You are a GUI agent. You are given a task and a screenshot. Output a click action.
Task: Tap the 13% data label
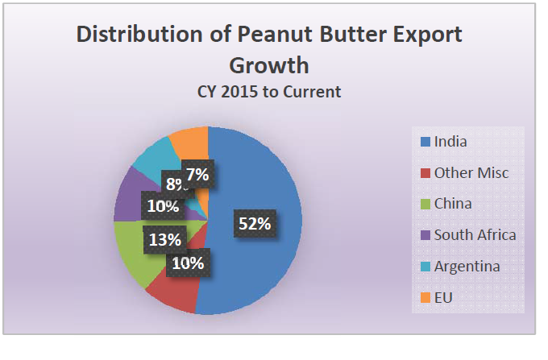(164, 239)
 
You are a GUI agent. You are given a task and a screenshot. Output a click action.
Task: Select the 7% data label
(197, 173)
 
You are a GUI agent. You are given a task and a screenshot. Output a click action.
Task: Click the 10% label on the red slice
(186, 263)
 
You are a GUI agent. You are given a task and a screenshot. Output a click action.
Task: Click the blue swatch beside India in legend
(424, 143)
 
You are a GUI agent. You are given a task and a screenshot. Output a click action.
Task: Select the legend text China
(453, 204)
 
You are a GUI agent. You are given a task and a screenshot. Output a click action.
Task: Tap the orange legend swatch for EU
(424, 298)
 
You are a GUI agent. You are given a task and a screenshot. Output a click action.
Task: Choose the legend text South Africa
(475, 235)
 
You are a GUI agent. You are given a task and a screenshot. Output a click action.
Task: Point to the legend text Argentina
(467, 267)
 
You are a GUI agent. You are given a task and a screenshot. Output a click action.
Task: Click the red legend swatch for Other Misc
(424, 173)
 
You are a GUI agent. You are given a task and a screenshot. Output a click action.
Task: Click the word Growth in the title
(269, 64)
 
